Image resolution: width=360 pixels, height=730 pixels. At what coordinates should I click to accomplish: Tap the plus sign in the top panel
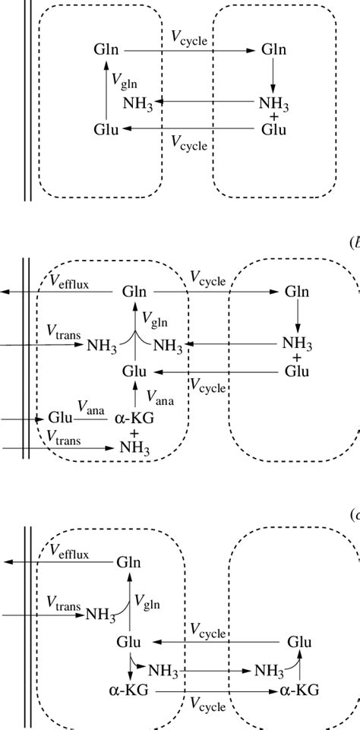(273, 115)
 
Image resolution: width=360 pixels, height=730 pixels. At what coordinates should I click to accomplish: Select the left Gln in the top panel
(106, 50)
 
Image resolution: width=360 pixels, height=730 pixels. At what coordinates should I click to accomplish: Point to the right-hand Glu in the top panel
(273, 129)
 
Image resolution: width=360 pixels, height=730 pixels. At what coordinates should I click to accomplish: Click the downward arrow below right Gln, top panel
(273, 76)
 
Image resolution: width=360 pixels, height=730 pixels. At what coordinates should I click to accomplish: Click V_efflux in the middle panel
(68, 282)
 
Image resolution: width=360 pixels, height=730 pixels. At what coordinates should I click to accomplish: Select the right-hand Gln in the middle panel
(297, 292)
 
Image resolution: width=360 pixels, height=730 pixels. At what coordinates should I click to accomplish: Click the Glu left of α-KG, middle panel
(60, 418)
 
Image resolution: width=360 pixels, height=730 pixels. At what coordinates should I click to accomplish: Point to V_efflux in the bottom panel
(68, 554)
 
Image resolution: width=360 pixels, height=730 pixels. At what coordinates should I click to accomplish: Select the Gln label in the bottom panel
(129, 563)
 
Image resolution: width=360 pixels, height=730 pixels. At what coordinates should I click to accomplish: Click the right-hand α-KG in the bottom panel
(298, 690)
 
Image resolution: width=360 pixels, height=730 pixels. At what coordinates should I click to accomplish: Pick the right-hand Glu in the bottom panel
(299, 642)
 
